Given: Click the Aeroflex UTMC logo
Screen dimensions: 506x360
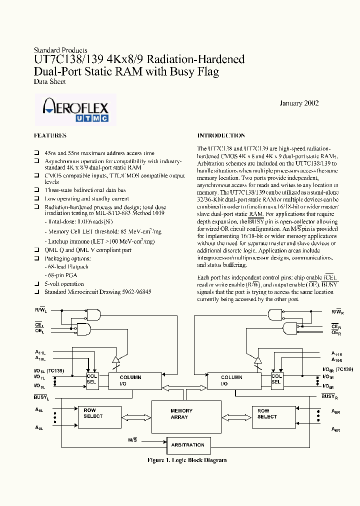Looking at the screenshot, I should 75,109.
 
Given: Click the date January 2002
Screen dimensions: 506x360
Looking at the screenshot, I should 298,103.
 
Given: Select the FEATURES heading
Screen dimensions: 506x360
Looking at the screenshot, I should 50,135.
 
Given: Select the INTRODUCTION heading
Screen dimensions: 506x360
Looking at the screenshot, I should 221,135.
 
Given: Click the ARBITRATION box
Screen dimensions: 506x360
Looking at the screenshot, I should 188,444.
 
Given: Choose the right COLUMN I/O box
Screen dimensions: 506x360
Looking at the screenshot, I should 233,381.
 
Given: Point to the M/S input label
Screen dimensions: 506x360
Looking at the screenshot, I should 133,440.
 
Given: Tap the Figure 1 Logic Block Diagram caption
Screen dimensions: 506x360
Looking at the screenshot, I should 187,460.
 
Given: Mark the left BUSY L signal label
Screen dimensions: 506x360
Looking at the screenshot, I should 41,397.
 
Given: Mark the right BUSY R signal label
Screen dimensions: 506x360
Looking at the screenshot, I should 328,396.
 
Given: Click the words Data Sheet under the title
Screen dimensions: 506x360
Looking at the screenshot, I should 49,81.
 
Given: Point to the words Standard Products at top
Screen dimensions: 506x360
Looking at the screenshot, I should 60,50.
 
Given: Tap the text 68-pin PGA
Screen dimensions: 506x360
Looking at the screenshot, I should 62,275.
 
